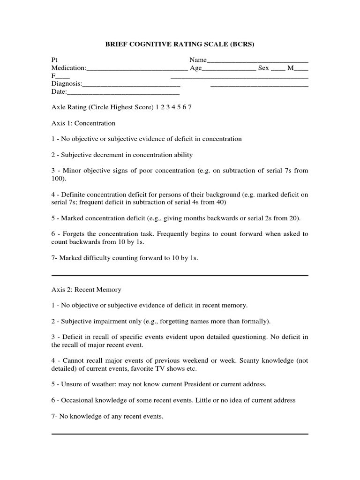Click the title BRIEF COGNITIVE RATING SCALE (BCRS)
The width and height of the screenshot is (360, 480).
click(x=180, y=45)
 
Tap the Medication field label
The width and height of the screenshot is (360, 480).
click(x=68, y=68)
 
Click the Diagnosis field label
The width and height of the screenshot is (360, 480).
click(x=67, y=84)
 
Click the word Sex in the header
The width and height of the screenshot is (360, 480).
click(x=263, y=68)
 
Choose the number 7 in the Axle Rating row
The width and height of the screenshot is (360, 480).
click(x=190, y=107)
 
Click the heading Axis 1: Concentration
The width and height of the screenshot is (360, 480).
click(x=83, y=123)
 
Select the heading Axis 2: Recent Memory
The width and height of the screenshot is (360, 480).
click(x=86, y=290)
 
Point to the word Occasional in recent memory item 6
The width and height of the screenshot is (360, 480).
click(x=77, y=400)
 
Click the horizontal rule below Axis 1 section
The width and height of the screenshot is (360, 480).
click(x=180, y=276)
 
